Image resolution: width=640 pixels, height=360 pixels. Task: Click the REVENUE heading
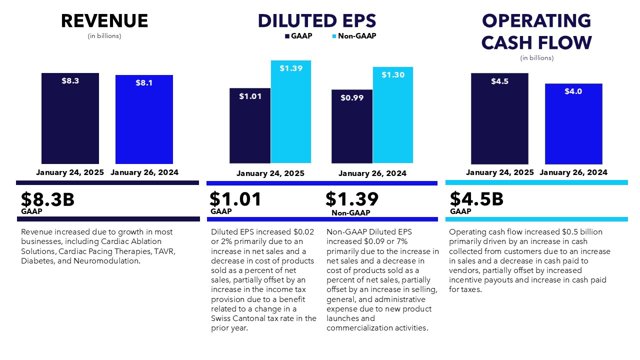[104, 21]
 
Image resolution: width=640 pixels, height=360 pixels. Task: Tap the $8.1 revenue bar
[144, 119]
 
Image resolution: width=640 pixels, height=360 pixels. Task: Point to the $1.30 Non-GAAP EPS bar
[392, 114]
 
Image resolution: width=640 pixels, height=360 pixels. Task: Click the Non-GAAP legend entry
[353, 36]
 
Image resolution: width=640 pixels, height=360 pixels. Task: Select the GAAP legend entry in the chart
[298, 36]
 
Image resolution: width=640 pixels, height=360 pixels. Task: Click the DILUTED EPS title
[316, 21]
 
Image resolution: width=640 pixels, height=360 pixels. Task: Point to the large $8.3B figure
[47, 199]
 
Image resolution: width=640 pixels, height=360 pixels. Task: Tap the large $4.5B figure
[476, 199]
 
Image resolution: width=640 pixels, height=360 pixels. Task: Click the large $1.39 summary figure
[352, 199]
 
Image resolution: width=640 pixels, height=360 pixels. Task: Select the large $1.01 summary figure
[235, 199]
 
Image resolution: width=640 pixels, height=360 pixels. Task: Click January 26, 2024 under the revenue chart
[144, 172]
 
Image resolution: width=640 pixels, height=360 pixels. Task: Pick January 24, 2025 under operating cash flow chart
[500, 172]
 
